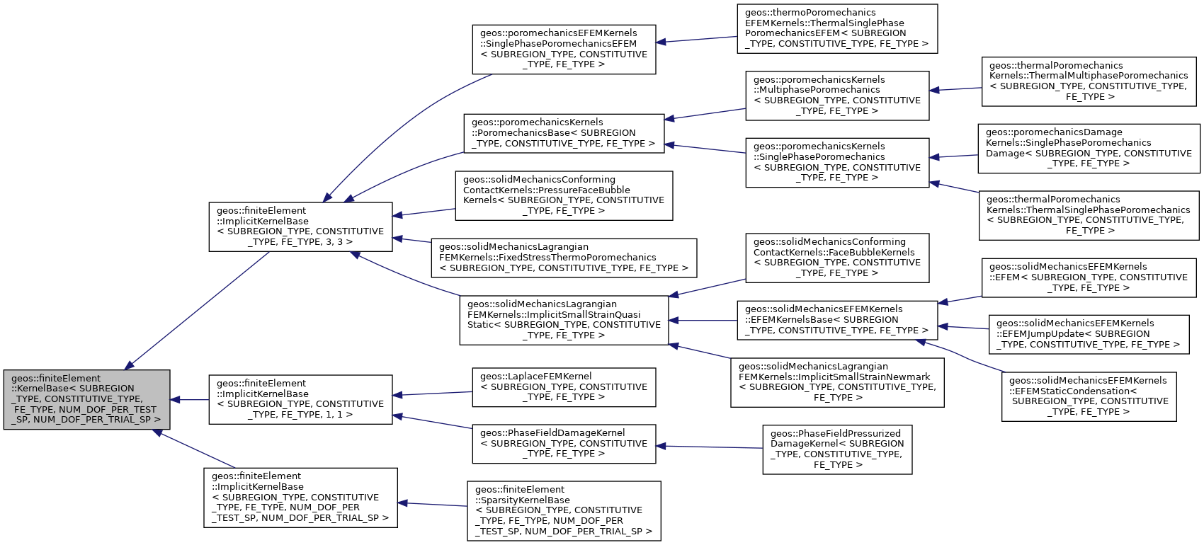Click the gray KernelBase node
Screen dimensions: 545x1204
[x=86, y=399]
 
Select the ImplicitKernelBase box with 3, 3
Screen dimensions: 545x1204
[x=300, y=226]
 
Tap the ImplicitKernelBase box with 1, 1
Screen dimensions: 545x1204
[x=300, y=399]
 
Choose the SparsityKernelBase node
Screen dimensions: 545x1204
[x=564, y=511]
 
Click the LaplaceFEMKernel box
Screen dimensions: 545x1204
[x=564, y=387]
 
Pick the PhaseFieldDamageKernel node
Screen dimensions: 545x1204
[x=564, y=444]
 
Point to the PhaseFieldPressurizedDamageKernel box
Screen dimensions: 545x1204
[x=837, y=449]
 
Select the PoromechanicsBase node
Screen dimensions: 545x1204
[x=564, y=133]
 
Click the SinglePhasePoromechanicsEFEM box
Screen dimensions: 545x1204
[x=564, y=49]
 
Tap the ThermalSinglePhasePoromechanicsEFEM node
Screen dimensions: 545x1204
[x=837, y=28]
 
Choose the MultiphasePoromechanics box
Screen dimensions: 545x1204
[x=837, y=96]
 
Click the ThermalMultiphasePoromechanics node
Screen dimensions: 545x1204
[x=1089, y=81]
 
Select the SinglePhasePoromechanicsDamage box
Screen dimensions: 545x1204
[x=1089, y=148]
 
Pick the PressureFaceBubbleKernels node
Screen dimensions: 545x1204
[x=564, y=195]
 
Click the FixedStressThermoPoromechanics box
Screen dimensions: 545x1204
[x=564, y=258]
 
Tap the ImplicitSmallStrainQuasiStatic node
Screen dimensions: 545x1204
[x=564, y=320]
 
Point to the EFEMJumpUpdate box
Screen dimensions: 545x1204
[x=1089, y=334]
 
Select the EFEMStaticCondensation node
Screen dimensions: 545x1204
[x=1089, y=396]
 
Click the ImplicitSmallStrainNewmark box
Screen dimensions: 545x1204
[x=837, y=382]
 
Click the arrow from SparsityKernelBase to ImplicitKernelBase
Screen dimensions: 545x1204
[x=432, y=505]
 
